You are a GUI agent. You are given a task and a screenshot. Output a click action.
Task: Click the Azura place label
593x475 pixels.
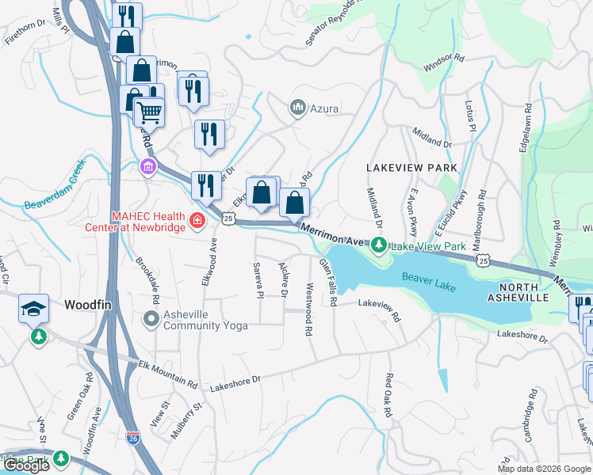(x=325, y=107)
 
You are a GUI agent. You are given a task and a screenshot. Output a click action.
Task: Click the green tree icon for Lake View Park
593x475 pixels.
(x=380, y=245)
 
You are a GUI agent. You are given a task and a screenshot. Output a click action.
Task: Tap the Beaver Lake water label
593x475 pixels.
(x=429, y=282)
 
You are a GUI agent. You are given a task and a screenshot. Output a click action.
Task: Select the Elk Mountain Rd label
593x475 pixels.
(x=168, y=374)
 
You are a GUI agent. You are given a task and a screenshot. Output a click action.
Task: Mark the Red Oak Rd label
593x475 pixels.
(x=389, y=397)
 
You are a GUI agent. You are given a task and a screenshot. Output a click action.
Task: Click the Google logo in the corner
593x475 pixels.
(x=25, y=465)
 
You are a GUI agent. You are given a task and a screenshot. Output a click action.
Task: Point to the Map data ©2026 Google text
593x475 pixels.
(x=544, y=469)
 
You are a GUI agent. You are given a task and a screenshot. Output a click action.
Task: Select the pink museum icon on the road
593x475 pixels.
(x=147, y=166)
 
